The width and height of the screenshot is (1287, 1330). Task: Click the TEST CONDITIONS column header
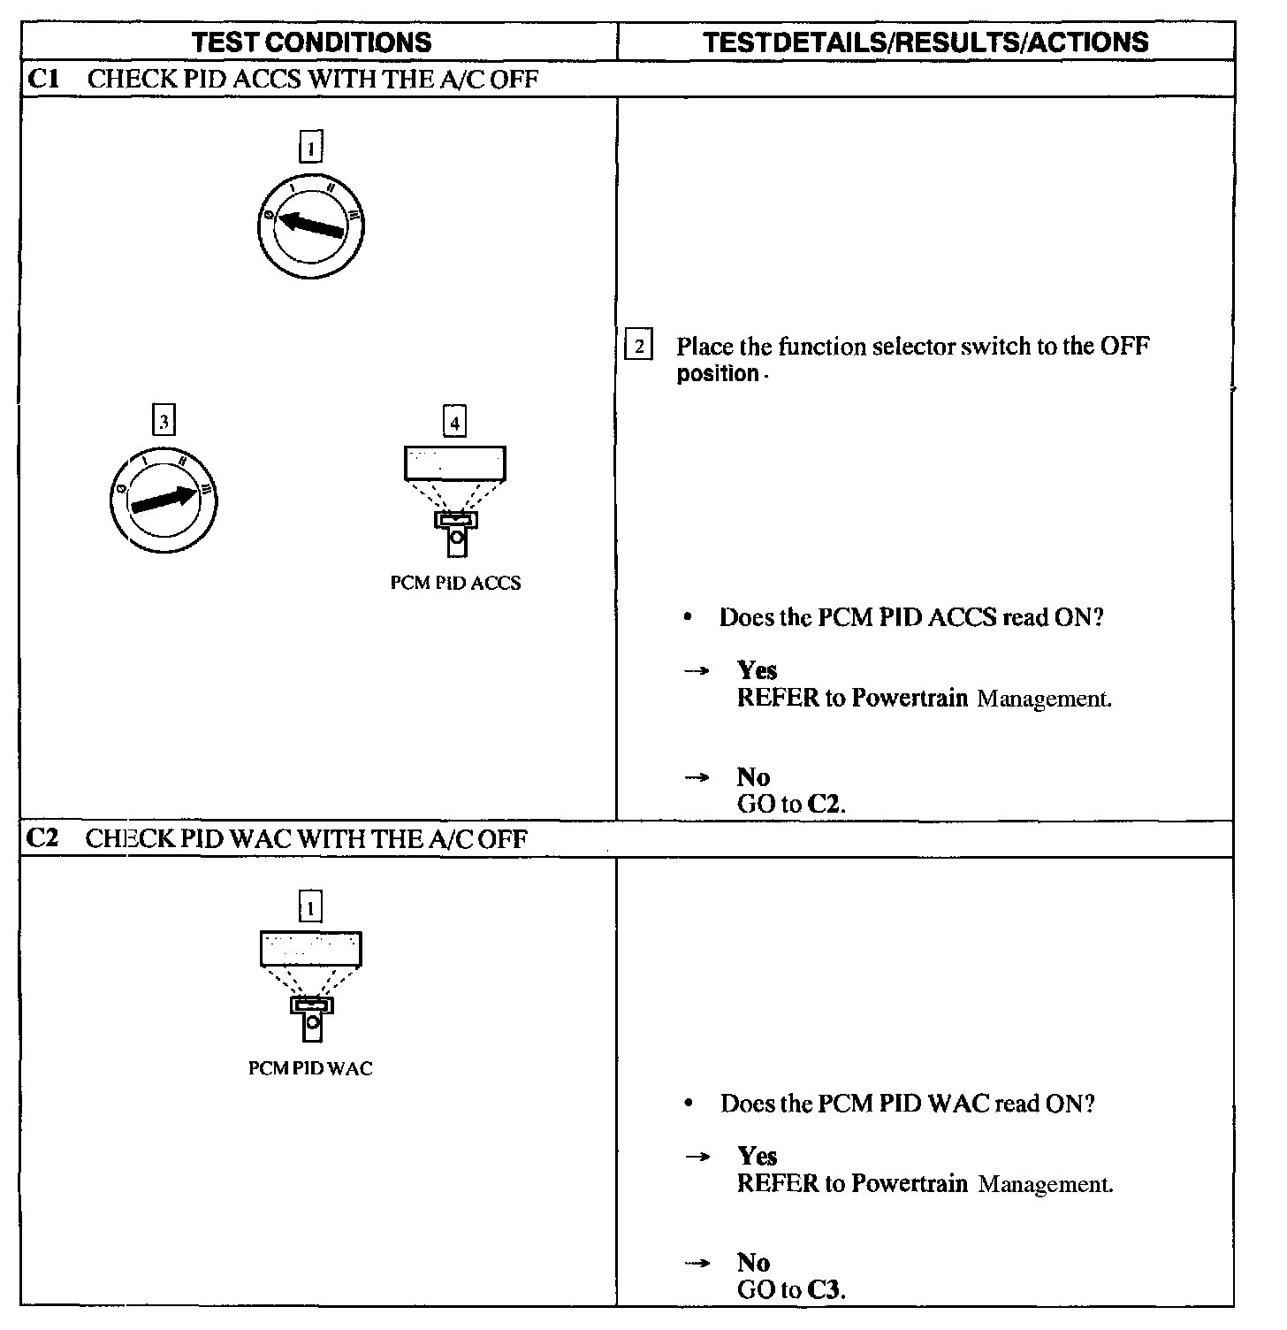pyautogui.click(x=311, y=42)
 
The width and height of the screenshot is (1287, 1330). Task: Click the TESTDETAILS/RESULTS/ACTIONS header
pyautogui.click(x=925, y=42)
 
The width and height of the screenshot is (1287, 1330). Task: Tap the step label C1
pyautogui.click(x=43, y=79)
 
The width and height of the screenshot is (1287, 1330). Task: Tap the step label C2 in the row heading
pyautogui.click(x=42, y=837)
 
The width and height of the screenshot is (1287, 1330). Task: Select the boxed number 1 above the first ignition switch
pyautogui.click(x=310, y=146)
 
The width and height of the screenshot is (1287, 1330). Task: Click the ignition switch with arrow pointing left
pyautogui.click(x=309, y=225)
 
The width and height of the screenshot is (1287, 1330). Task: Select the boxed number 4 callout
pyautogui.click(x=454, y=422)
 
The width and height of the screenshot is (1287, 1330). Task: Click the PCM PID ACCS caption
pyautogui.click(x=455, y=583)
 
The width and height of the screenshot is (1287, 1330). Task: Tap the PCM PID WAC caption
pyautogui.click(x=310, y=1068)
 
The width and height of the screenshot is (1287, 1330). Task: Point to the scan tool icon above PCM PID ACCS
pyautogui.click(x=454, y=499)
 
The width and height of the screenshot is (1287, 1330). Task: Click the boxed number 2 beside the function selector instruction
pyautogui.click(x=638, y=345)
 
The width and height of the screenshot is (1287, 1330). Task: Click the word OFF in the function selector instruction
pyautogui.click(x=1124, y=346)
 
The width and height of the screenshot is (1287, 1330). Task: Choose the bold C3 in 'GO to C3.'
pyautogui.click(x=826, y=1289)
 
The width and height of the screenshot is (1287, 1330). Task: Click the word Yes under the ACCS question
pyautogui.click(x=757, y=670)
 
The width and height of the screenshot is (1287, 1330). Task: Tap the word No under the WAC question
pyautogui.click(x=753, y=1262)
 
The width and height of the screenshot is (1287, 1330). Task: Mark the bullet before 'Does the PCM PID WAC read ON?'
pyautogui.click(x=689, y=1104)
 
